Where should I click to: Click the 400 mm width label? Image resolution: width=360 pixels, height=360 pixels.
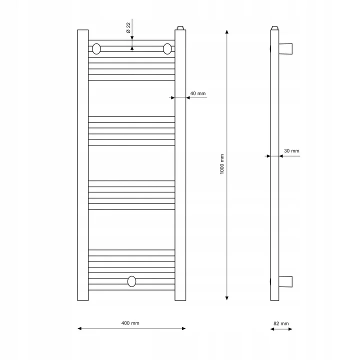pyautogui.click(x=130, y=323)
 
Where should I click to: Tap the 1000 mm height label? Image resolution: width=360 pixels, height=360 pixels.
pyautogui.click(x=222, y=164)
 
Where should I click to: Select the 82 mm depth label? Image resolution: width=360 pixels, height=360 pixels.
pyautogui.click(x=281, y=323)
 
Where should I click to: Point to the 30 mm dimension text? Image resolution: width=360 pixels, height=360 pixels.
pyautogui.click(x=291, y=151)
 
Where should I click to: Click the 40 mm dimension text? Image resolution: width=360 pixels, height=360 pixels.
pyautogui.click(x=198, y=93)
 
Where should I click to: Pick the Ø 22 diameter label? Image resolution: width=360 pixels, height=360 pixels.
pyautogui.click(x=128, y=28)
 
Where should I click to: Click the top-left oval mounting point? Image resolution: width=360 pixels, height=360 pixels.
pyautogui.click(x=96, y=49)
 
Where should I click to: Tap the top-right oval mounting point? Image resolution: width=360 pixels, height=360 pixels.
pyautogui.click(x=167, y=49)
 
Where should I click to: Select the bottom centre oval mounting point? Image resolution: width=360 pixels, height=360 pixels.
pyautogui.click(x=131, y=281)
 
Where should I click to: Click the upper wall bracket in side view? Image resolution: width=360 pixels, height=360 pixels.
pyautogui.click(x=285, y=49)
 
